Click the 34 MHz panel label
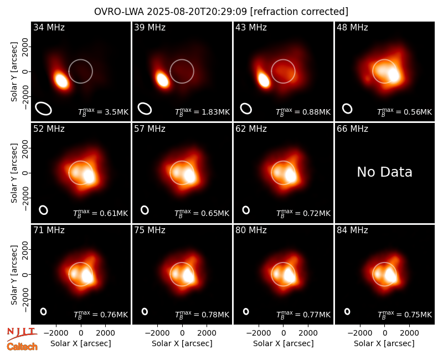(x=49, y=27)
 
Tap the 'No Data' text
(x=384, y=172)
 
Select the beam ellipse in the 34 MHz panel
(x=44, y=109)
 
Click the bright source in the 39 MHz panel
(x=162, y=79)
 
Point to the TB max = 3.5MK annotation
(x=104, y=112)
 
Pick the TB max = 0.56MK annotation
(x=405, y=112)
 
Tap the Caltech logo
(x=22, y=347)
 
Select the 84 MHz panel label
(x=352, y=230)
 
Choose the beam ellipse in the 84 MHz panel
(x=347, y=311)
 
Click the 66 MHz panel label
(x=352, y=129)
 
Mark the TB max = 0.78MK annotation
(x=202, y=314)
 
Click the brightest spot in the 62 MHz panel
(x=291, y=175)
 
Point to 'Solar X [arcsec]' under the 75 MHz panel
(x=182, y=343)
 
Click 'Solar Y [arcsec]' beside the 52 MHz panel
(x=14, y=173)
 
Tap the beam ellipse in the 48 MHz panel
(x=347, y=109)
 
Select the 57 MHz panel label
(x=150, y=129)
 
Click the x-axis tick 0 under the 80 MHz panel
(x=284, y=333)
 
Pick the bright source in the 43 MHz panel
(x=264, y=80)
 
